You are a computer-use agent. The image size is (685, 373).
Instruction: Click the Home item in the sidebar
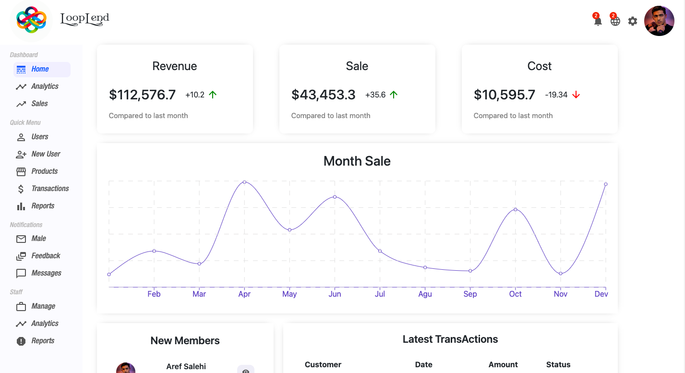(x=40, y=69)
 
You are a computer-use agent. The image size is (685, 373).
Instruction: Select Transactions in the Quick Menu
(x=50, y=189)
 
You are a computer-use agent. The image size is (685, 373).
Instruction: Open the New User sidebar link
(x=46, y=154)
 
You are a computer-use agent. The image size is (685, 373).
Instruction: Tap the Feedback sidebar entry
(x=46, y=256)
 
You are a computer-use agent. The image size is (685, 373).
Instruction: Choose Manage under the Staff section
(x=43, y=306)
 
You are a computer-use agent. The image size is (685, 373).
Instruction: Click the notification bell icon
(x=598, y=21)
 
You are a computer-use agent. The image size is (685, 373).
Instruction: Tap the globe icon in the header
(x=615, y=21)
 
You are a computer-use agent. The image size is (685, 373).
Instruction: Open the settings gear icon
(x=633, y=21)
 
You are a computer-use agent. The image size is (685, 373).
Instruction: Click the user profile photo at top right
(x=659, y=21)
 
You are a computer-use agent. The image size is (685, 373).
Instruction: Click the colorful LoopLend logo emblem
(x=31, y=20)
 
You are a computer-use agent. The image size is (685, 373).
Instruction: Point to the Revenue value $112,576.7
(x=143, y=95)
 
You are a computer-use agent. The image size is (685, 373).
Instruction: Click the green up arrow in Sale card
(x=394, y=95)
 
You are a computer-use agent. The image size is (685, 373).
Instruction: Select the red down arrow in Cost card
(x=576, y=95)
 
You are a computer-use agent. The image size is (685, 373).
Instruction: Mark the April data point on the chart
(x=244, y=182)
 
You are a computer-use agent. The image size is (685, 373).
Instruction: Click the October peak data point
(x=516, y=209)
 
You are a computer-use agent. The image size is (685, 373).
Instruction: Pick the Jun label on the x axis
(x=335, y=294)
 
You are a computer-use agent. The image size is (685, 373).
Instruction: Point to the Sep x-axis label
(x=470, y=294)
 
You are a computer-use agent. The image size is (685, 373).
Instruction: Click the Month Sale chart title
(x=357, y=161)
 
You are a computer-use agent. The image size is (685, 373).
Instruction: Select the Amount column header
(x=503, y=365)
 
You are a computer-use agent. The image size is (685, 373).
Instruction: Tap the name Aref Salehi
(x=186, y=366)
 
